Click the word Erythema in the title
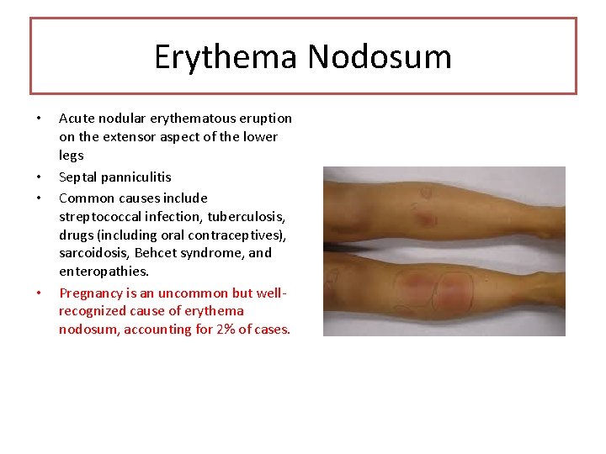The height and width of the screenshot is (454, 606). [x=226, y=58]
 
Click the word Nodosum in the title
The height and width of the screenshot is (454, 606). [x=380, y=58]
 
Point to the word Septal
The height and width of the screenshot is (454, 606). [x=78, y=177]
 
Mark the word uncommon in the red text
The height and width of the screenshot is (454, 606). [x=192, y=293]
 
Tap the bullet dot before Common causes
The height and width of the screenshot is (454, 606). [x=39, y=199]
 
